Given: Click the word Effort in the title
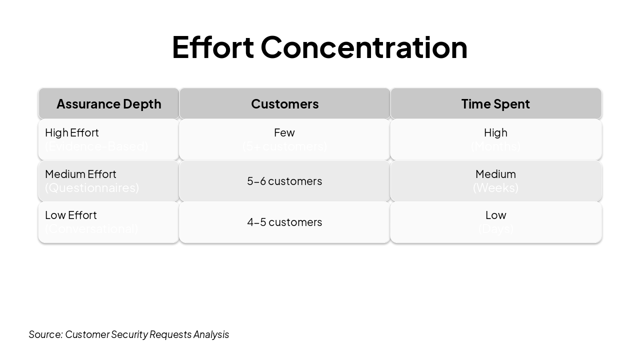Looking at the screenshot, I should (212, 47).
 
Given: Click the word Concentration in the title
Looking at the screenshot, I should (364, 47).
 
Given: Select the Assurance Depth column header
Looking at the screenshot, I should (108, 103).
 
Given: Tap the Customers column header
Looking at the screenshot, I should (284, 103).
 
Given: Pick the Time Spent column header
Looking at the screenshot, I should (495, 103).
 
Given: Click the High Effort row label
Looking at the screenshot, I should (72, 132).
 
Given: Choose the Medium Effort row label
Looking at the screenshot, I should (80, 174).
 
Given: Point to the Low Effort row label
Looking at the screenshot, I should (71, 215).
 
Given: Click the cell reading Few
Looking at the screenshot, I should (284, 132).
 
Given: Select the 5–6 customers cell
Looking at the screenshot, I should (284, 181).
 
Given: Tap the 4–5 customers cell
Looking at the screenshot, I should (284, 222).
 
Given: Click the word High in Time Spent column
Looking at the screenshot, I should (495, 132).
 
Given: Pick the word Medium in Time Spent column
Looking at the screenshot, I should (495, 174).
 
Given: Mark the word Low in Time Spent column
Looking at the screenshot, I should (495, 215).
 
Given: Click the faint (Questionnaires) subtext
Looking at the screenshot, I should (92, 187).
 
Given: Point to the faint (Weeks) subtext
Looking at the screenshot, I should (495, 187).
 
